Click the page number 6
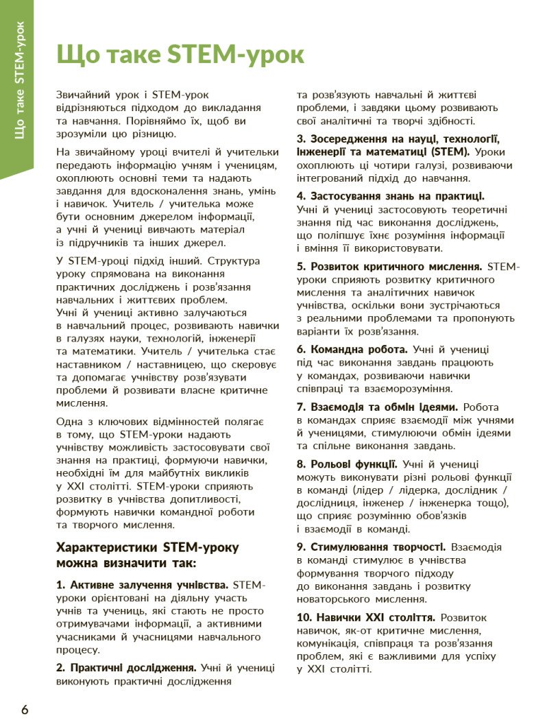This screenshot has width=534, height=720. tap(25, 709)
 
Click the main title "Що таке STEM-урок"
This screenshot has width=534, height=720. tap(180, 55)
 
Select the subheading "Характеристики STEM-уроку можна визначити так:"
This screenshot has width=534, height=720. tap(147, 555)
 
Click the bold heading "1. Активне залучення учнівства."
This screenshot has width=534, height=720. tap(142, 585)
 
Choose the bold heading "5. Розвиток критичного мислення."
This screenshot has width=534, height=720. tap(390, 266)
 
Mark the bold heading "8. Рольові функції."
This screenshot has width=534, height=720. tap(347, 464)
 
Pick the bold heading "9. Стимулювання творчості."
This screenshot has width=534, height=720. tap(372, 547)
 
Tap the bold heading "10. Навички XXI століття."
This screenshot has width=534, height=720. tap(365, 617)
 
